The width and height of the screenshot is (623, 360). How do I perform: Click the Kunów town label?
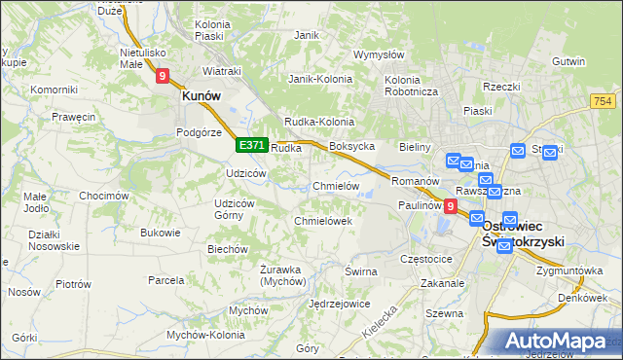pyautogui.click(x=201, y=96)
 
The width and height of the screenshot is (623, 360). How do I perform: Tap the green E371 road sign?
pyautogui.click(x=251, y=145)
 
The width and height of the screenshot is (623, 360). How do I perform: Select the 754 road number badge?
pyautogui.click(x=604, y=101)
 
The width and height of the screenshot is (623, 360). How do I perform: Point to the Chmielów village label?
pyautogui.click(x=336, y=186)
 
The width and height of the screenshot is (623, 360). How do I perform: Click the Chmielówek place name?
pyautogui.click(x=322, y=221)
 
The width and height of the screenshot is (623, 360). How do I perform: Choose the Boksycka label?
pyautogui.click(x=352, y=146)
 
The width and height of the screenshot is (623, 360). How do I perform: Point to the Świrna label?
pyautogui.click(x=360, y=271)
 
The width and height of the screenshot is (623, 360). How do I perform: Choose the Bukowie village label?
pyautogui.click(x=161, y=233)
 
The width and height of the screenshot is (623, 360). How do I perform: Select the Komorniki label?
pyautogui.click(x=54, y=90)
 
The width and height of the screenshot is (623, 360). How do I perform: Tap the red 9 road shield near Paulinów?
pyautogui.click(x=450, y=206)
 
